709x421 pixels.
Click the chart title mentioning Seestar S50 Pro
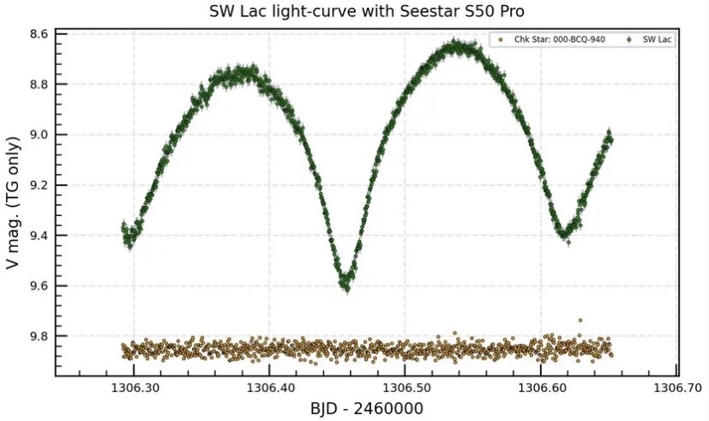point(367,11)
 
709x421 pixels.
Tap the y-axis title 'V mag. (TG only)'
point(13,202)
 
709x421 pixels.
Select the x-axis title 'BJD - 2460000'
point(367,408)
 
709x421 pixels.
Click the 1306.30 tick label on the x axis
point(134,388)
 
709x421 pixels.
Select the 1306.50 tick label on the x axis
point(406,388)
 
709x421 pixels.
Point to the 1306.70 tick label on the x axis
point(677,388)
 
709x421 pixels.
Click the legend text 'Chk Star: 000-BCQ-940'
point(559,39)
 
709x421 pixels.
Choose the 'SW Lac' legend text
point(657,39)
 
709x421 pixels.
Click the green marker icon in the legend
point(629,39)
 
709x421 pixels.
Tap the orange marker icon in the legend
point(500,39)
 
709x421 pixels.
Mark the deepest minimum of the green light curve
point(345,286)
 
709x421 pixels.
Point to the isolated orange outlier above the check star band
point(580,321)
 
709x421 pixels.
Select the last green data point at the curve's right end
point(610,139)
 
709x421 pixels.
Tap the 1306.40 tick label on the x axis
point(269,388)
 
